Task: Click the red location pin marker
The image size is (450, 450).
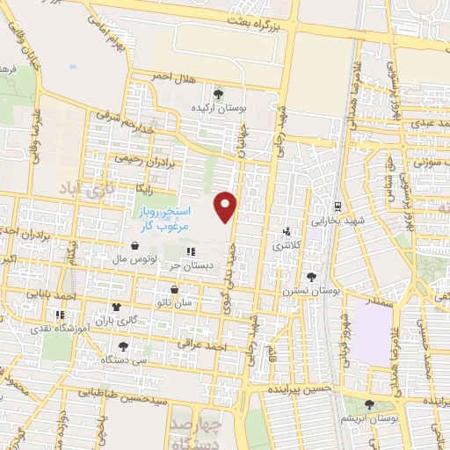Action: click(227, 207)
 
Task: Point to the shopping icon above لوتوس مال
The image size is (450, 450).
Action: click(134, 247)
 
